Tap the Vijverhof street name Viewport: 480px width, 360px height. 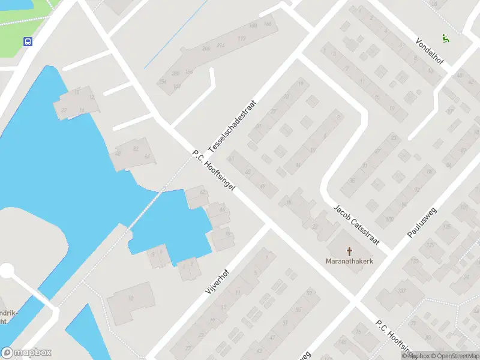coord(218,279)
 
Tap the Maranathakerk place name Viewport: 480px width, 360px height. coord(350,261)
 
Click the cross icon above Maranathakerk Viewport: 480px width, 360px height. coord(350,251)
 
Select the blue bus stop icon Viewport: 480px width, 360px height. coord(28,41)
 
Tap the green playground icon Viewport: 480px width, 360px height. coord(445,39)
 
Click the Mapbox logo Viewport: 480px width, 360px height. coord(26,353)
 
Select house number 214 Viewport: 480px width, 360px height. coord(220,46)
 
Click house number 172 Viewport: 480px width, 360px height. coord(242,38)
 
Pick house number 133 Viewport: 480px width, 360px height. coord(413,262)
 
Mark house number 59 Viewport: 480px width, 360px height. coord(309,292)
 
